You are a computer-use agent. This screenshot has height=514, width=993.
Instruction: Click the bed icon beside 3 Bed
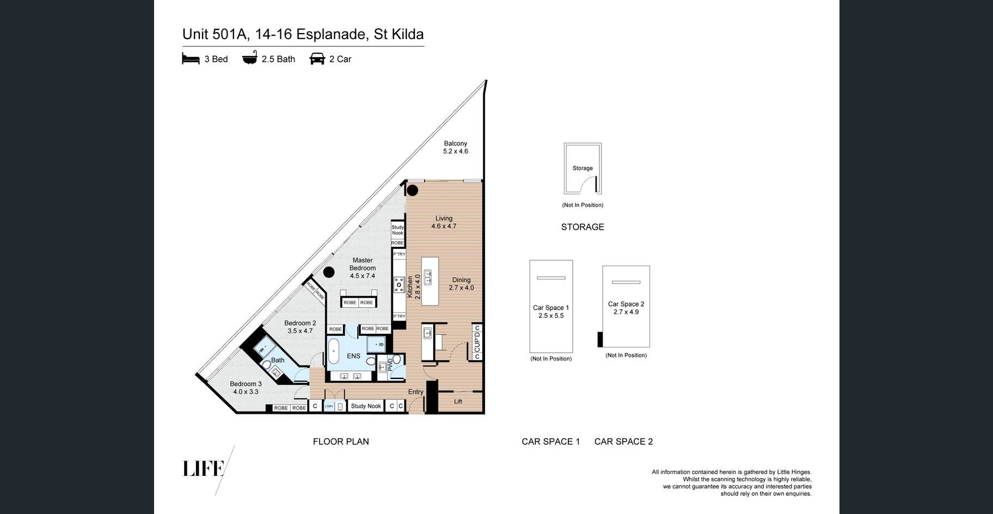pyautogui.click(x=191, y=59)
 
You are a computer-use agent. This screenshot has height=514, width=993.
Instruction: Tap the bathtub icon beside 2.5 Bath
pyautogui.click(x=249, y=58)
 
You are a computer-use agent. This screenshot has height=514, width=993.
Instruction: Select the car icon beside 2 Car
pyautogui.click(x=317, y=58)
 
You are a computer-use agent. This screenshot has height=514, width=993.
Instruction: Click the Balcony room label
pyautogui.click(x=456, y=144)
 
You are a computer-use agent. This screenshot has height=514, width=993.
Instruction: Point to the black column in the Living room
pyautogui.click(x=413, y=190)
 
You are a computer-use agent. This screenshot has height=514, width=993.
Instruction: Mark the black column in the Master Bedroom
pyautogui.click(x=329, y=272)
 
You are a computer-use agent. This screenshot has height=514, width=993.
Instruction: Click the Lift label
pyautogui.click(x=458, y=401)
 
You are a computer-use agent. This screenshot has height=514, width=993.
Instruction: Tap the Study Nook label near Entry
pyautogui.click(x=366, y=406)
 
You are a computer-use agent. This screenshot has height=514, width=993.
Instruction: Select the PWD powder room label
pyautogui.click(x=390, y=364)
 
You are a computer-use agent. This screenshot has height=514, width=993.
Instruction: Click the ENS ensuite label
pyautogui.click(x=353, y=356)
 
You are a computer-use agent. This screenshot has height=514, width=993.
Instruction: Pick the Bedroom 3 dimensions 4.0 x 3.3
pyautogui.click(x=246, y=391)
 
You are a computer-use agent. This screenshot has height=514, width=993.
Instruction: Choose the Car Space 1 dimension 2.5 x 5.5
pyautogui.click(x=551, y=316)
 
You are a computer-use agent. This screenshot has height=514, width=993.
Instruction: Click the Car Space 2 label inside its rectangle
pyautogui.click(x=626, y=304)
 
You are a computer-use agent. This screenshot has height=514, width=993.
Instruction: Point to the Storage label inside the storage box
pyautogui.click(x=583, y=168)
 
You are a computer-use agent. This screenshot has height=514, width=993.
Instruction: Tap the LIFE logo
pyautogui.click(x=203, y=469)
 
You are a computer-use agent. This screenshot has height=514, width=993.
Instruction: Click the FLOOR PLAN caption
pyautogui.click(x=341, y=442)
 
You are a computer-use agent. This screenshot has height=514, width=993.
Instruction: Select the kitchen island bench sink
pyautogui.click(x=428, y=277)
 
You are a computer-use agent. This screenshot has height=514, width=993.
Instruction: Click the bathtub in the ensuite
pyautogui.click(x=333, y=352)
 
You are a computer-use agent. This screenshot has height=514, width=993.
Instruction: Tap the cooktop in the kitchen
pyautogui.click(x=399, y=285)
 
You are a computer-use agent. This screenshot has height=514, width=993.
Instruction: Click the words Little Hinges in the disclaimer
pyautogui.click(x=793, y=472)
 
